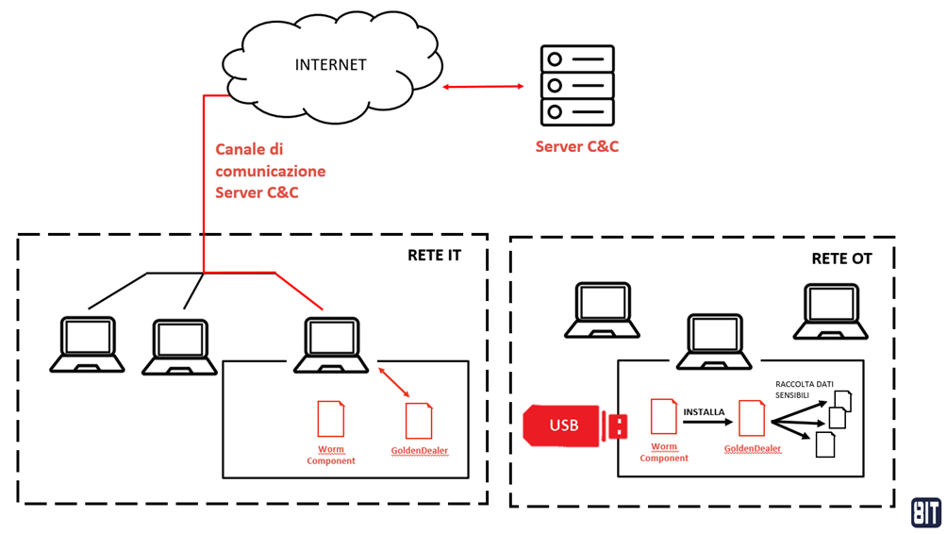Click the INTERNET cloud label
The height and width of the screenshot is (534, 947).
330,65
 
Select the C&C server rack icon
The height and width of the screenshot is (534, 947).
576,86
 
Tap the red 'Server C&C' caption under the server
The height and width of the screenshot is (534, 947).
576,146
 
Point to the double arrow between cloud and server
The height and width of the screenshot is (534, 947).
483,87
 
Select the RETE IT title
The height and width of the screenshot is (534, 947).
434,255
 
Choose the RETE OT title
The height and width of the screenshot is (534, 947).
841,259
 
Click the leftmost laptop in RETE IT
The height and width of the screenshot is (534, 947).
88,344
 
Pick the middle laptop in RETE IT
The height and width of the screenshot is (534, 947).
179,347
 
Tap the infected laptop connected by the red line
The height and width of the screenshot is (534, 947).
331,345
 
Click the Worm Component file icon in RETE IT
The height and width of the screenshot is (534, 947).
331,419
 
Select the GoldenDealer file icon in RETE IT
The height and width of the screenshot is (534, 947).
419,421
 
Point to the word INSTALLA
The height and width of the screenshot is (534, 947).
704,412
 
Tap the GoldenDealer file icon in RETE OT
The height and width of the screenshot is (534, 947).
752,419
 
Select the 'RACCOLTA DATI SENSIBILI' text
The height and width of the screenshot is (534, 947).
804,391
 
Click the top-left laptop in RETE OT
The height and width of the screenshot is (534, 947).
602,309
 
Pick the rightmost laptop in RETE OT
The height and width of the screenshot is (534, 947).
830,311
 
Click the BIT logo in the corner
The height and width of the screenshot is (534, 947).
925,512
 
